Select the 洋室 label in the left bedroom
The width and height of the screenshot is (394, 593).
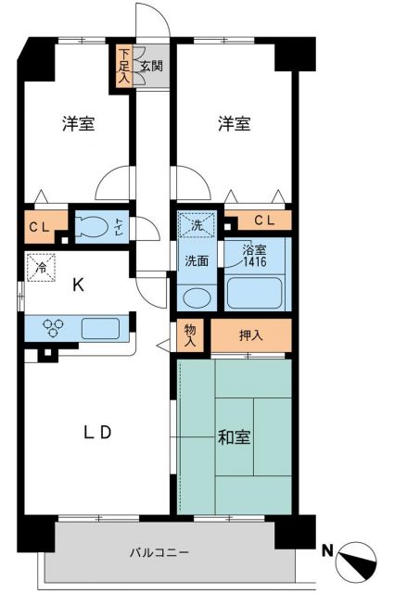(80, 124)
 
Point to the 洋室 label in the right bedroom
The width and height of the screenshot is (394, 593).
(234, 124)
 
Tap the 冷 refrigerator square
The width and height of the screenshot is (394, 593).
(40, 264)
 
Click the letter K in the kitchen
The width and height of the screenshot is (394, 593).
(80, 285)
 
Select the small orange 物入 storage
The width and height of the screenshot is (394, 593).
(189, 334)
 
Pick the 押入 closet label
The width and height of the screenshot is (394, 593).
(251, 335)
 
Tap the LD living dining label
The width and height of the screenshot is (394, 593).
(94, 432)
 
